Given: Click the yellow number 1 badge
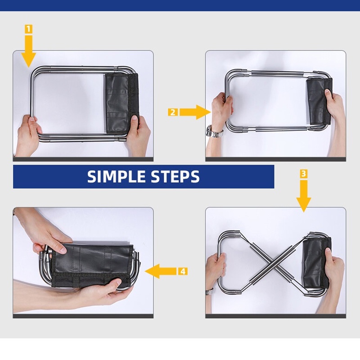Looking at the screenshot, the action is point(28,29).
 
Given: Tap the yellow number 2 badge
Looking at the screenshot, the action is point(173,112).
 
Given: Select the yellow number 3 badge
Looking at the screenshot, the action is point(303,174).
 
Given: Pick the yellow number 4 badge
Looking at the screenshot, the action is point(183,271).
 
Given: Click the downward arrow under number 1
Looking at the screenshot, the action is point(29,51).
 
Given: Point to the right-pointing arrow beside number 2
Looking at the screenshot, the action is point(195,112).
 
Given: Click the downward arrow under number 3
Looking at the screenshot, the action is point(303,196).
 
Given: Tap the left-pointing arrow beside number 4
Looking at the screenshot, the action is point(161,271).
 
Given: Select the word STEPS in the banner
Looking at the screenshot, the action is point(175,176).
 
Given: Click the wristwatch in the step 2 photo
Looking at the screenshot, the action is point(214,132).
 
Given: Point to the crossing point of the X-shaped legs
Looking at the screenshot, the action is point(273,265).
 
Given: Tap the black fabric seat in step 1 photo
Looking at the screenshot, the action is point(121,103).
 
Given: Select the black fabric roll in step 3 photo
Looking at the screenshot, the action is point(317,263).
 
